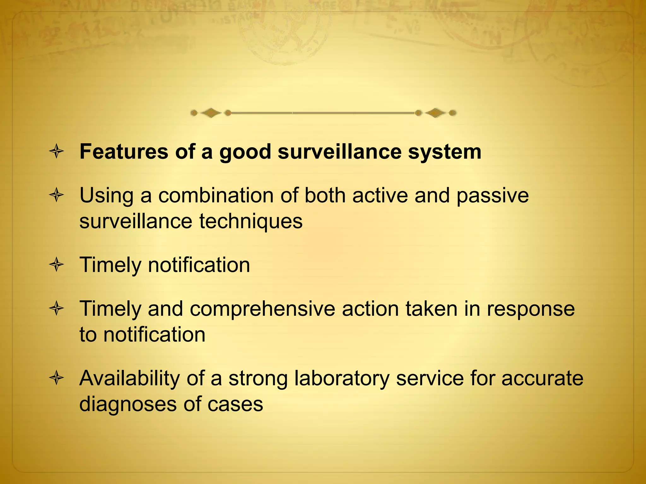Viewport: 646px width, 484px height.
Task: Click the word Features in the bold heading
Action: coord(124,152)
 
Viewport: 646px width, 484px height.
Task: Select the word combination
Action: coord(215,195)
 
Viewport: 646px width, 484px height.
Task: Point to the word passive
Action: coord(492,196)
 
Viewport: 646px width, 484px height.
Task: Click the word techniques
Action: coord(251,221)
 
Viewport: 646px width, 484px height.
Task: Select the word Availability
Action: coord(129,378)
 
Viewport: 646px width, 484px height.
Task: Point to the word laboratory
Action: coord(342,378)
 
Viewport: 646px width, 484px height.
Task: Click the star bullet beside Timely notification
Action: coord(57,265)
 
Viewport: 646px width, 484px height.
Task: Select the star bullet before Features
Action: coord(57,152)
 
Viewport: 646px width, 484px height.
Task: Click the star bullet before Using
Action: coord(57,195)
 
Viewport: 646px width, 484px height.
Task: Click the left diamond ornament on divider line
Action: coord(211,113)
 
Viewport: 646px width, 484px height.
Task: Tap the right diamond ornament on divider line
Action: coord(436,113)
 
